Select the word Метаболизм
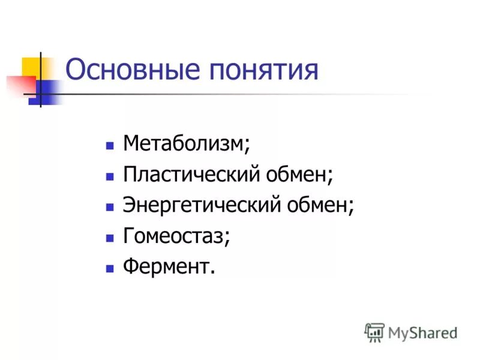184,144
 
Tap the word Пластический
190,175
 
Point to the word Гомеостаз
174,236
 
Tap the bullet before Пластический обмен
109,176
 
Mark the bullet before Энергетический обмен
109,207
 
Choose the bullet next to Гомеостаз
109,238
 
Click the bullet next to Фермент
109,268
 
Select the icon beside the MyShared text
374,332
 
